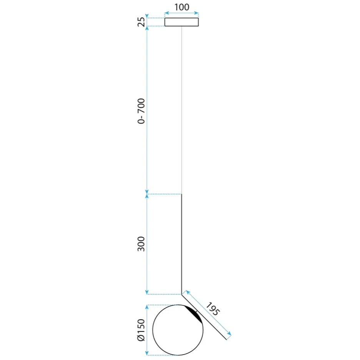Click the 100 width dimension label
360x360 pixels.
pyautogui.click(x=182, y=7)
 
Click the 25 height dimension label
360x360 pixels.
pyautogui.click(x=142, y=22)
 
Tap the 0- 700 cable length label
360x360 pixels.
pyautogui.click(x=142, y=111)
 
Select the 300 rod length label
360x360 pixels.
pyautogui.click(x=142, y=244)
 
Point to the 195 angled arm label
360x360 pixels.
pyautogui.click(x=212, y=309)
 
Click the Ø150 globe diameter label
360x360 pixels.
pyautogui.click(x=142, y=330)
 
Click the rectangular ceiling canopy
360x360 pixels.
pyautogui.click(x=182, y=22)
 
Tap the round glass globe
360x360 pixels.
pyautogui.click(x=178, y=330)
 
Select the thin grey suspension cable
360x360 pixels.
pyautogui.click(x=182, y=110)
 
